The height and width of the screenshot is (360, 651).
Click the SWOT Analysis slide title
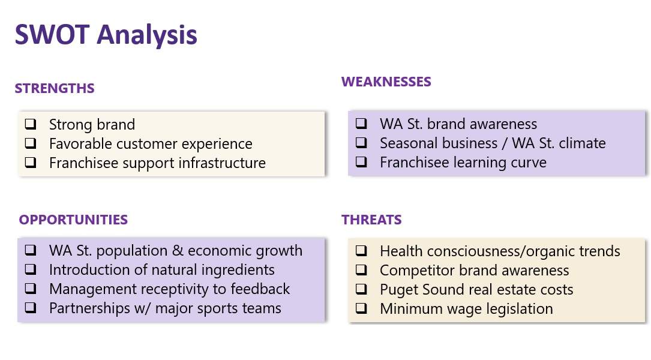pyautogui.click(x=106, y=34)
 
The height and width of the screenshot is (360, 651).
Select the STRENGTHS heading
pyautogui.click(x=55, y=88)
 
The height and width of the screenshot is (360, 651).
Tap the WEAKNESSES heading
pyautogui.click(x=386, y=82)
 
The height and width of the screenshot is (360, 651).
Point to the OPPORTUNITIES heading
pyautogui.click(x=73, y=220)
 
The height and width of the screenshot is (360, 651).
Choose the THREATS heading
pyautogui.click(x=371, y=220)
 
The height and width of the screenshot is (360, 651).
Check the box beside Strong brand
pyautogui.click(x=31, y=124)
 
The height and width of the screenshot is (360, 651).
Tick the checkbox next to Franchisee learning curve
pyautogui.click(x=361, y=161)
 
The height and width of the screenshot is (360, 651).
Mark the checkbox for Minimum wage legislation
pyautogui.click(x=361, y=308)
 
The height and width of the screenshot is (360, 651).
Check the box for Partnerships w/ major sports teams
pyautogui.click(x=31, y=308)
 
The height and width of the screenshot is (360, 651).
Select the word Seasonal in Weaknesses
pyautogui.click(x=439, y=143)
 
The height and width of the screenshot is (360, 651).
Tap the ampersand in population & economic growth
pyautogui.click(x=177, y=251)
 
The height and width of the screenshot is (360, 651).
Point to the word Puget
pyautogui.click(x=398, y=290)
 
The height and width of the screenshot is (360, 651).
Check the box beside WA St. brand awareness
pyautogui.click(x=361, y=124)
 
